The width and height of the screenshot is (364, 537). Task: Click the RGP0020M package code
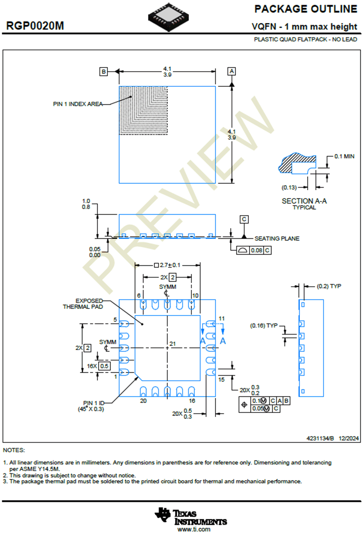35,26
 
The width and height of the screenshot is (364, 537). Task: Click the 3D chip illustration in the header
168,17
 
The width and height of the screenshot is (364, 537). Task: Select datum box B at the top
103,72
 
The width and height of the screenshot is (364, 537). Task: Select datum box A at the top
231,71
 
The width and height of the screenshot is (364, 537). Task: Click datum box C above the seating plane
244,219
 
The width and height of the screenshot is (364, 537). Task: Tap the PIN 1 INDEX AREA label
78,104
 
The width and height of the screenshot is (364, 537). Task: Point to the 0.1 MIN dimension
344,157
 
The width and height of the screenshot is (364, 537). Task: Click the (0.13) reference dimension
289,188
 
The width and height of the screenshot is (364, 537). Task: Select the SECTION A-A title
304,201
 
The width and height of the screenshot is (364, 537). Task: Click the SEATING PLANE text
277,239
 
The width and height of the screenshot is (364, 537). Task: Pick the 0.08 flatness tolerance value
256,251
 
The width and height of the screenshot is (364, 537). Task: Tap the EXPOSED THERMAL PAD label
83,304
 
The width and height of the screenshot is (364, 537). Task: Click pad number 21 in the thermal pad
172,344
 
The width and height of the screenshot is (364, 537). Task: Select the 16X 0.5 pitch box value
104,366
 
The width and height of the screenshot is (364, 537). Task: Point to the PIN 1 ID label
93,403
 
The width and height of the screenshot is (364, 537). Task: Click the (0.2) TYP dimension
329,286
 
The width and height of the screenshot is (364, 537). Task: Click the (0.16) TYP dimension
264,325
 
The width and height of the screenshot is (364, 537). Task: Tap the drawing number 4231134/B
320,438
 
